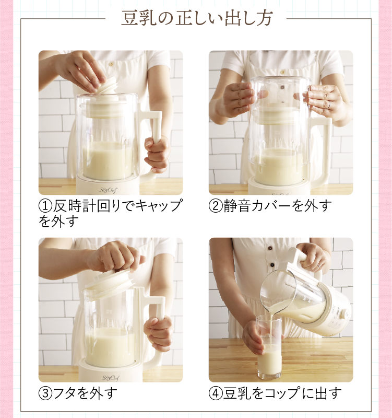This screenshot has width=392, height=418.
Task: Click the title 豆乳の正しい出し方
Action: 197,18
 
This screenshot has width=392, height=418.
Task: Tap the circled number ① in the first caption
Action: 45,205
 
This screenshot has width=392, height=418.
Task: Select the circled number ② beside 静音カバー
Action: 216,205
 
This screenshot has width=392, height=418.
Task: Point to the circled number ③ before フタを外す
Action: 45,393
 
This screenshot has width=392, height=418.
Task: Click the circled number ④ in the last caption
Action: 216,393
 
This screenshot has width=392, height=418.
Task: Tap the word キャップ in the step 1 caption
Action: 159,205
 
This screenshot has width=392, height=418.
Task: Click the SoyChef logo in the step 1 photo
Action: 108,190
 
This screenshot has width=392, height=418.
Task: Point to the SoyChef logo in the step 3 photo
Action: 111,378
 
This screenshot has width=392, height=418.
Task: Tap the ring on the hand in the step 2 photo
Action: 330,105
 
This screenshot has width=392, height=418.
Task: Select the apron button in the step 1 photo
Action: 111,64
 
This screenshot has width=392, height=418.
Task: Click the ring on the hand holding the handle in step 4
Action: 319,265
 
